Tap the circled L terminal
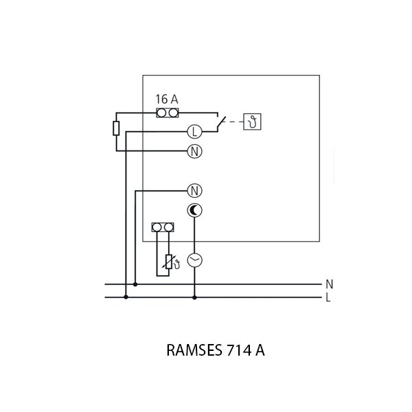tap(194, 131)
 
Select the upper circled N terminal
tap(194, 151)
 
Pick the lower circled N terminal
tap(194, 190)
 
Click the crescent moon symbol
tap(194, 211)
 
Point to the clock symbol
tap(194, 260)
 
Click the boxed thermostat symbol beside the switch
tap(254, 122)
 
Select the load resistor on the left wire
tap(117, 128)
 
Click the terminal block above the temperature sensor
tap(161, 227)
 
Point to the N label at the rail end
tap(330, 284)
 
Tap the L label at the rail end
tap(330, 298)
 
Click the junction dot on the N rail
tap(135, 284)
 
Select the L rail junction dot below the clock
tap(194, 297)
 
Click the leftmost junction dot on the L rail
tap(126, 297)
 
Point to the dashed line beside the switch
tap(234, 122)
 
